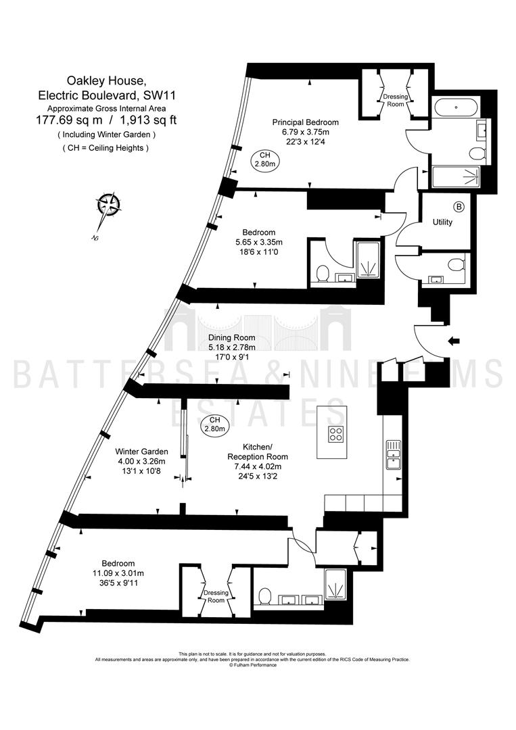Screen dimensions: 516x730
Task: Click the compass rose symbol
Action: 108,205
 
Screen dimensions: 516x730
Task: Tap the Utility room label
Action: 442,222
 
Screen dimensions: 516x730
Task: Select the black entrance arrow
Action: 452,341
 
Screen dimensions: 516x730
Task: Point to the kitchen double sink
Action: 393,454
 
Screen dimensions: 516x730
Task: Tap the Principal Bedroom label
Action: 306,122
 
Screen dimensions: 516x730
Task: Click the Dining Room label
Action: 232,337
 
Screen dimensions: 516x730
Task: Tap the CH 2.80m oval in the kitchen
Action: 214,424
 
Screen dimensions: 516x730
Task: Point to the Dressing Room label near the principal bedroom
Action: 396,100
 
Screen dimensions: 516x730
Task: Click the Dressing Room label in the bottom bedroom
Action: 216,596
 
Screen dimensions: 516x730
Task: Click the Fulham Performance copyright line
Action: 253,665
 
